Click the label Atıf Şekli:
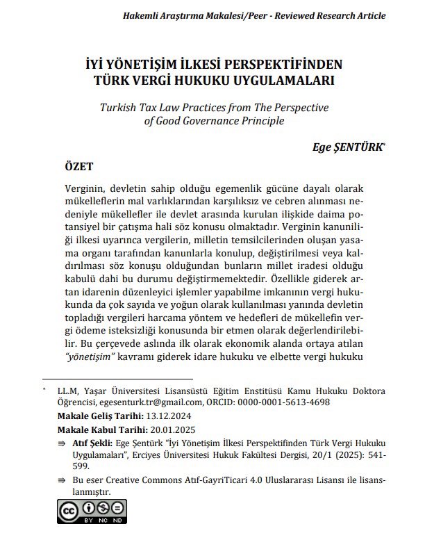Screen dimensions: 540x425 pos(92,443)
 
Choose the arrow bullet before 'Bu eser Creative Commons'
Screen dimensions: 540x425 pos(61,481)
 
